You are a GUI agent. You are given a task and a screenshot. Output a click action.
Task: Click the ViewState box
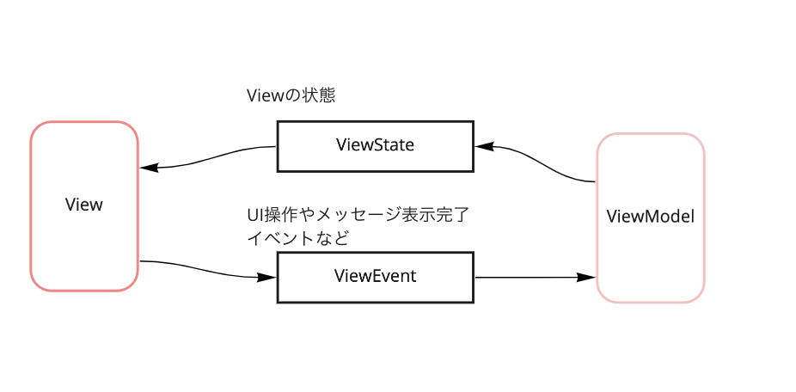[x=375, y=145]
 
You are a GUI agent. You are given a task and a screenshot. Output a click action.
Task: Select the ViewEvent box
[x=375, y=277]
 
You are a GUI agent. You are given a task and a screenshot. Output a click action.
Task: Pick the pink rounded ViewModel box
[x=650, y=217]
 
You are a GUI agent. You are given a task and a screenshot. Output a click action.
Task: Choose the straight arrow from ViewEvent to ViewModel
[x=533, y=278]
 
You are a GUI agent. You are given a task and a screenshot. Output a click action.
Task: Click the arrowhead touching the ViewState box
[x=482, y=146]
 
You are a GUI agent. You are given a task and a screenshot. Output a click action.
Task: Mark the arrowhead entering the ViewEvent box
[x=267, y=277]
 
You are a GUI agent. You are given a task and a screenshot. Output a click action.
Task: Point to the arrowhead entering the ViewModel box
[x=587, y=278]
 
